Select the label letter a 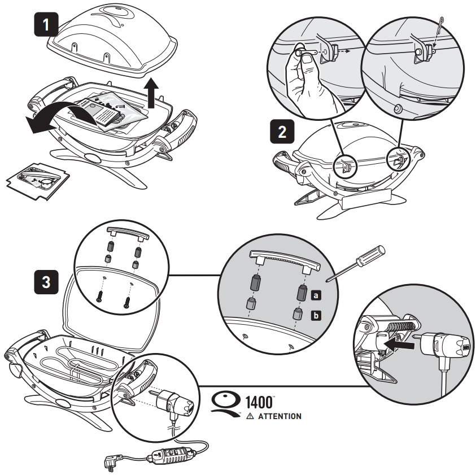click(x=316, y=293)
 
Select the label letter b click(x=316, y=315)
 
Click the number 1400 click(x=260, y=403)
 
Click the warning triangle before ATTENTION click(x=250, y=416)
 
